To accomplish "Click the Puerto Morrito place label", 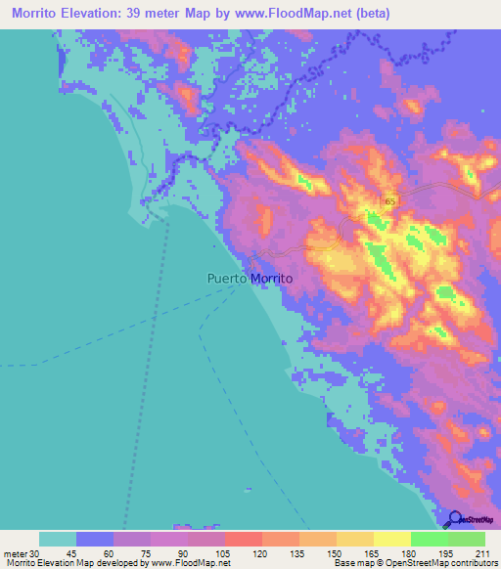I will (250, 279).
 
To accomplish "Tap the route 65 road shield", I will (390, 201).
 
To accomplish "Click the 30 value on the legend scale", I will (32, 553).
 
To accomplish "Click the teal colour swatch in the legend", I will (58, 539).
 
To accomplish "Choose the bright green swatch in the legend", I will (429, 539).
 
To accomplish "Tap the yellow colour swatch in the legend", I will (391, 539).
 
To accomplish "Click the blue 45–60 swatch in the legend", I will (95, 539).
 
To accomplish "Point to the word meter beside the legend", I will (14, 553).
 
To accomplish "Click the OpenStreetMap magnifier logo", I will (455, 519).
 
